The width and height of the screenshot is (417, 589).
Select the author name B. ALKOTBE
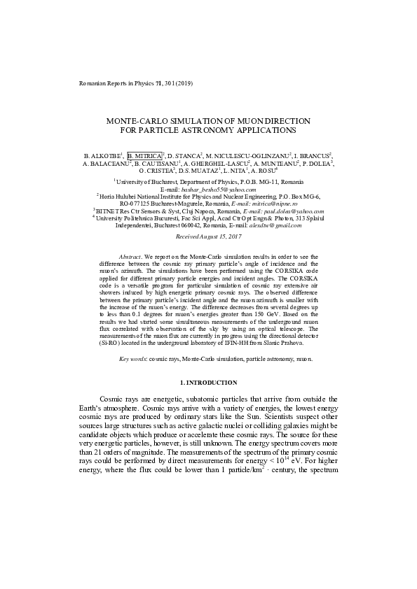click(102, 155)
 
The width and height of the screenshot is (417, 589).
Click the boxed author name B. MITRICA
click(144, 155)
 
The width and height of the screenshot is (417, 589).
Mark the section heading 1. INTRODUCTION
click(208, 383)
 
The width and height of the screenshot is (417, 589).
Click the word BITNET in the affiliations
click(109, 211)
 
